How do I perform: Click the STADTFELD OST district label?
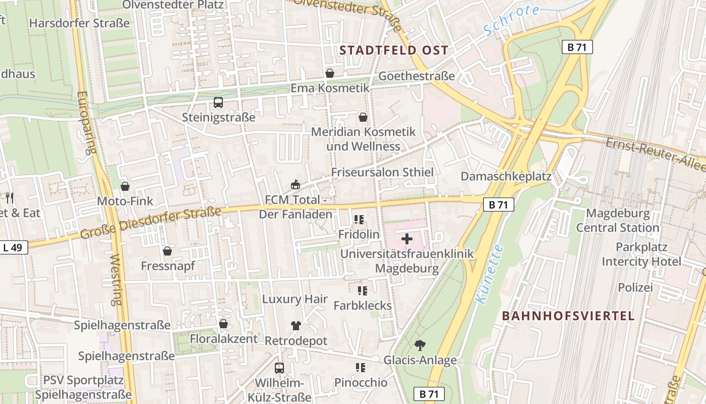click(394, 50)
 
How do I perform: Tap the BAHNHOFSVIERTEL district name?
click(568, 316)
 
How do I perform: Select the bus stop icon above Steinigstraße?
click(218, 103)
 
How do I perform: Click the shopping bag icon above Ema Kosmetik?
click(330, 73)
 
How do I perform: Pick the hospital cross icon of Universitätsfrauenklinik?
click(407, 239)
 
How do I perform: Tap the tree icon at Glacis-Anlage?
click(419, 345)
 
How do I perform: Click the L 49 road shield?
click(14, 247)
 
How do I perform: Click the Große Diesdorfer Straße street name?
click(150, 224)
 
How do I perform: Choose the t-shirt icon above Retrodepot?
click(296, 326)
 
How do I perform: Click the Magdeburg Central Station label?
click(617, 221)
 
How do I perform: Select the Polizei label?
click(635, 287)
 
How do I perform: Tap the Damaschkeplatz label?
click(506, 177)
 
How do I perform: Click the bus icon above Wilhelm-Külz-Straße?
click(279, 368)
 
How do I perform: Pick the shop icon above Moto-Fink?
click(125, 187)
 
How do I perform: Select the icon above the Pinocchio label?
click(360, 368)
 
